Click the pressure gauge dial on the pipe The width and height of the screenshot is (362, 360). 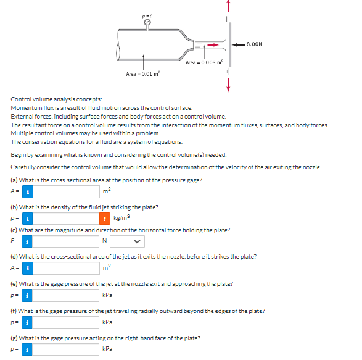[147, 23]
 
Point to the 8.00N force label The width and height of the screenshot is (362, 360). [254, 44]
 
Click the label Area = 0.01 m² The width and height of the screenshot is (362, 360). [142, 74]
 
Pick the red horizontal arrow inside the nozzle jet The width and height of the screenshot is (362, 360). [212, 44]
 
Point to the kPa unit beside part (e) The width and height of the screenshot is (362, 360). [108, 295]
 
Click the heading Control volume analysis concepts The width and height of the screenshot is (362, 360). [57, 99]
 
